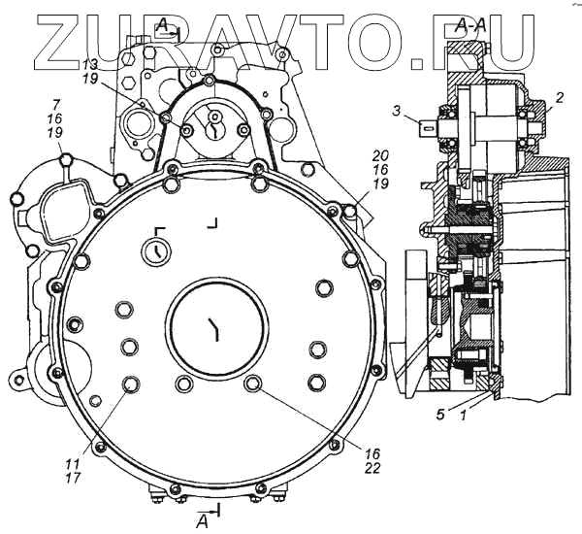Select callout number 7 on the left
coord(57,103)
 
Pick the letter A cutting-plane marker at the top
coord(163,22)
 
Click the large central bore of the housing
coord(214,330)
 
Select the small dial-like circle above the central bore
coord(153,252)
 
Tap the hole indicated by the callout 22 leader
coord(253,384)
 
